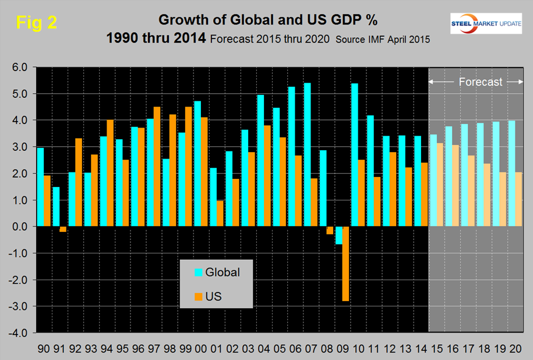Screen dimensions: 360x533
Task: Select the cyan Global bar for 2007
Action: coord(307,154)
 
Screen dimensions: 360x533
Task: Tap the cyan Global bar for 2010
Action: coord(354,155)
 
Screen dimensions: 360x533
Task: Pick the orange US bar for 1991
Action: coord(63,229)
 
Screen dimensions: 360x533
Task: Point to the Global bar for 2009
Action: coord(338,235)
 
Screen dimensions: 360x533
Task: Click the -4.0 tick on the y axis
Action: coord(19,333)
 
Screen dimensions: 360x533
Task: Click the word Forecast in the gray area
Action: coord(480,82)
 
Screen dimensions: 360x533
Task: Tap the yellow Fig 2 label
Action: coord(36,22)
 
